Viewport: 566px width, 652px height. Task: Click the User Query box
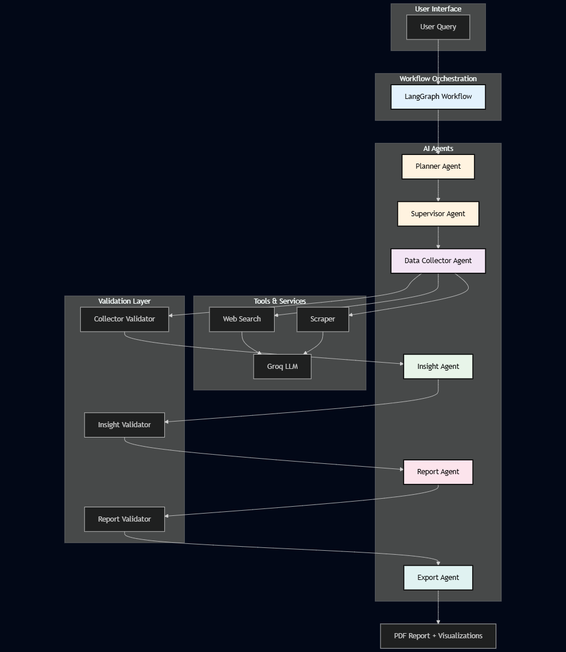click(x=438, y=27)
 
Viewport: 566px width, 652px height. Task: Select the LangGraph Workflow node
click(x=438, y=97)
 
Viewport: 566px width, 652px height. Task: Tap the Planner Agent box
click(x=438, y=166)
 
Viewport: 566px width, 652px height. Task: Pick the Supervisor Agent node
click(x=438, y=214)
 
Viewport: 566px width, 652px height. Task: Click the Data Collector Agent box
click(x=438, y=261)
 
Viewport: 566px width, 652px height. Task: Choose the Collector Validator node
click(x=124, y=319)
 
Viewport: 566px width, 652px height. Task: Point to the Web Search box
click(x=242, y=319)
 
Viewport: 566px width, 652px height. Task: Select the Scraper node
click(x=322, y=319)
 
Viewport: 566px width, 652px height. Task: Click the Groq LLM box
click(x=282, y=367)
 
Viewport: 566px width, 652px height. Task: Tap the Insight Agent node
click(x=438, y=367)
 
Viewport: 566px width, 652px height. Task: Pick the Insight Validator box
click(x=124, y=425)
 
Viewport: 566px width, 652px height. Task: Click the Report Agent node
click(x=438, y=472)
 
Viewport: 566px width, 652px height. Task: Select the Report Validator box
click(x=124, y=519)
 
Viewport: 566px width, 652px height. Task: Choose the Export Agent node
click(x=438, y=578)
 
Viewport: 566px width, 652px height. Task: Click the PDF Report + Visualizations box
click(x=438, y=636)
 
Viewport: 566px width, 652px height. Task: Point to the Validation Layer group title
click(x=124, y=301)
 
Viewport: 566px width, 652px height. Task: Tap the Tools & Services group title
click(x=279, y=301)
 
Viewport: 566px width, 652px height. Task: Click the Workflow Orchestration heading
click(x=438, y=79)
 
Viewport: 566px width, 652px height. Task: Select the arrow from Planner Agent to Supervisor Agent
click(x=438, y=190)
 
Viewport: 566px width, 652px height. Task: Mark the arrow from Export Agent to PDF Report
click(x=438, y=607)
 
